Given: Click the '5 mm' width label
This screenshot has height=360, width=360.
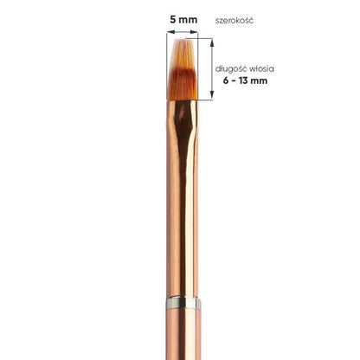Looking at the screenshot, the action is (183, 20).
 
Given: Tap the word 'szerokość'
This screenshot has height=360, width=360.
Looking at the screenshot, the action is (235, 21).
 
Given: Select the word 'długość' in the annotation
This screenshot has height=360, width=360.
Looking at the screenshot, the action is (231, 69).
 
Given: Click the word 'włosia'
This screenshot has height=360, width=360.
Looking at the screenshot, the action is (261, 69).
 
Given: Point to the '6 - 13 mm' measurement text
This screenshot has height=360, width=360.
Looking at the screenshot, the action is (245, 80).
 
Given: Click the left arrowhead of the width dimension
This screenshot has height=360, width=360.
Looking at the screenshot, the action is (170, 32).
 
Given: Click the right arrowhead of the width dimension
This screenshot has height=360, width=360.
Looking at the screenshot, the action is (195, 32).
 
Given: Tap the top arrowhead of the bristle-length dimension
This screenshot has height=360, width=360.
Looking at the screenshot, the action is (212, 42).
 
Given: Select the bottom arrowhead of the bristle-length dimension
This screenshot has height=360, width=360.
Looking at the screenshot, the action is (212, 95).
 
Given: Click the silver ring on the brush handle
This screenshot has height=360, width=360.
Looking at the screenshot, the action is (183, 303).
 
